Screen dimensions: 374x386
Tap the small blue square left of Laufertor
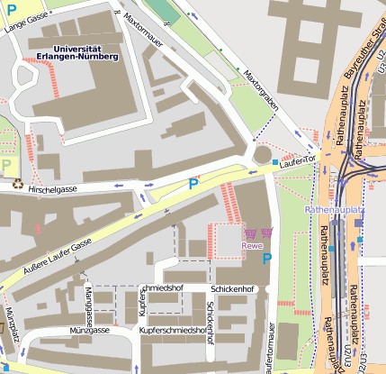(275, 162)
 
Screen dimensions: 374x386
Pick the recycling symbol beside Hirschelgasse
(17, 184)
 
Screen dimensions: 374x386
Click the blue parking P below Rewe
(266, 260)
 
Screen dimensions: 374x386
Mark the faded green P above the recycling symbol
(8, 164)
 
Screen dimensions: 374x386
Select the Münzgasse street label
(88, 331)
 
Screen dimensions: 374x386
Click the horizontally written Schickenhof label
(233, 289)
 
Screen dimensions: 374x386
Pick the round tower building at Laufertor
(262, 155)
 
